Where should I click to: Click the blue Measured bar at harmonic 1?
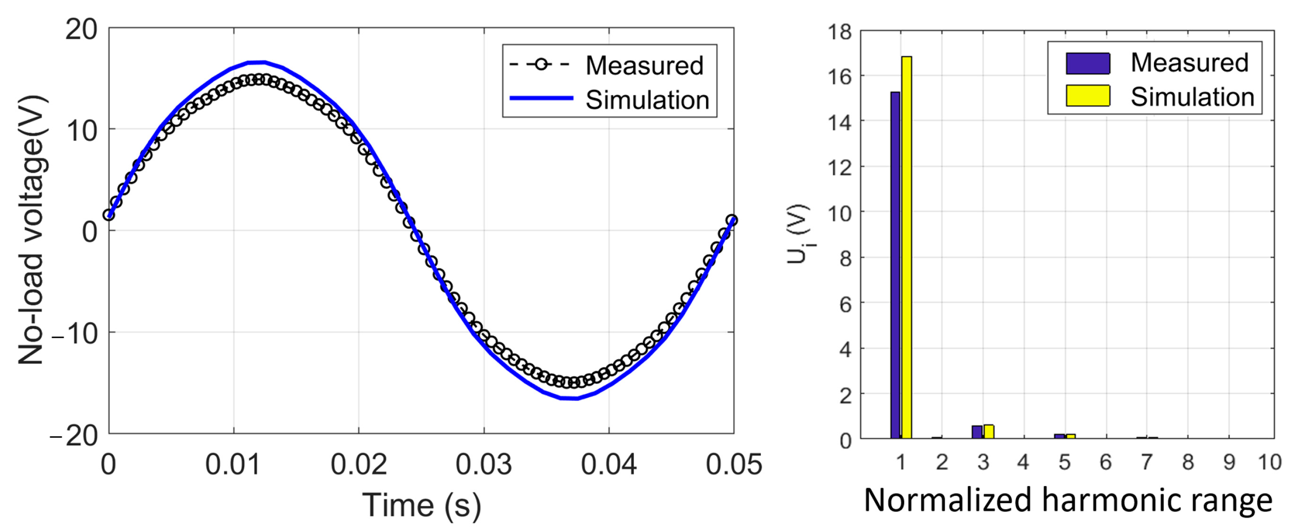point(895,265)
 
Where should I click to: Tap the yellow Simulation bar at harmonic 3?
point(989,432)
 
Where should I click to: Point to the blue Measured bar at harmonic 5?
point(1060,436)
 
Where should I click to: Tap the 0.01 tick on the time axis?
point(233,464)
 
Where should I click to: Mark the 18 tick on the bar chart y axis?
point(840,32)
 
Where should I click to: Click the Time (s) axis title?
point(422,505)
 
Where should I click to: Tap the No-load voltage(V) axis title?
point(31,230)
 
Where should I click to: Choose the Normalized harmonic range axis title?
point(1068,501)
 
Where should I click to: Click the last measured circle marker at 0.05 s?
point(732,220)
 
